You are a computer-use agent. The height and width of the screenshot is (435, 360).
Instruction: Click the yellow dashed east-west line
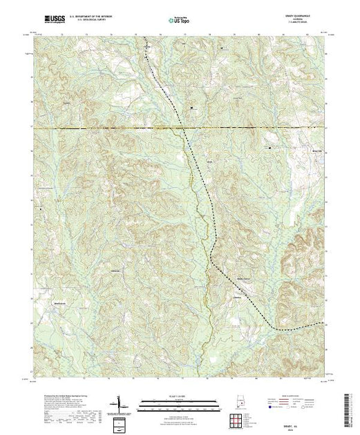click(x=104, y=128)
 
